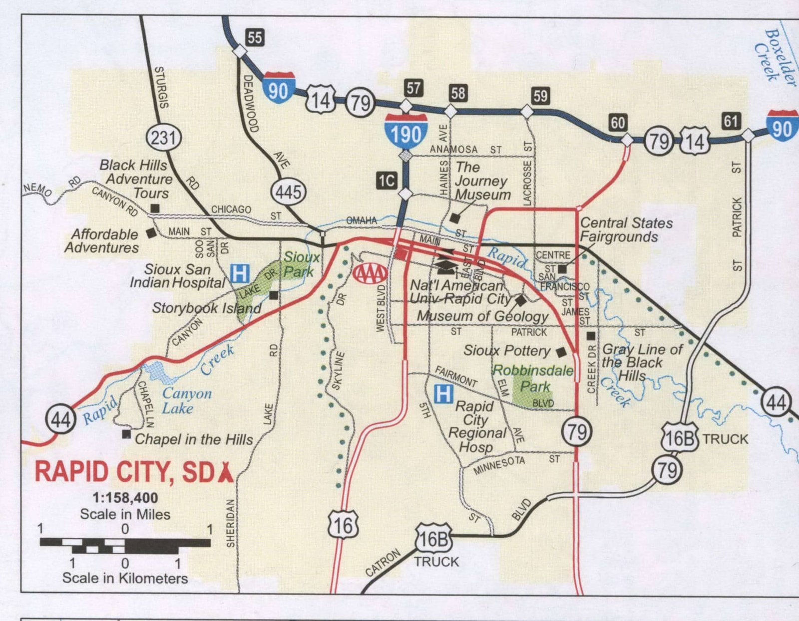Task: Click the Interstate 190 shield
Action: pos(405,131)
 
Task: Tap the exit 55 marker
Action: pos(255,37)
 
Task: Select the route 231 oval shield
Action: pos(163,137)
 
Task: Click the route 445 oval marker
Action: pos(289,192)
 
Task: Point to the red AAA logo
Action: pos(370,273)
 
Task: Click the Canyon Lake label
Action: pos(186,401)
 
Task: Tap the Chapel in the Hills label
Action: pos(194,439)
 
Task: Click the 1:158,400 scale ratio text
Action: pos(125,498)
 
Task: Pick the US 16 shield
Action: pos(343,525)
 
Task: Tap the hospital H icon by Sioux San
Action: pos(240,273)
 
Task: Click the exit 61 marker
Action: pos(731,121)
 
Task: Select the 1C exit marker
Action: pos(387,180)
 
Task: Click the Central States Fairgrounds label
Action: pos(626,229)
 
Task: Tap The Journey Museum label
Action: pos(481,181)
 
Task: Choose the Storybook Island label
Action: pos(206,308)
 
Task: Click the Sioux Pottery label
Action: pos(506,351)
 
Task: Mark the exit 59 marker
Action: pos(540,95)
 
